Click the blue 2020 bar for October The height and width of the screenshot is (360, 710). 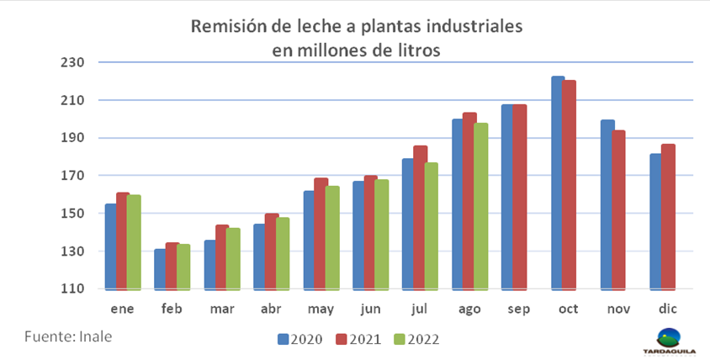coord(558,183)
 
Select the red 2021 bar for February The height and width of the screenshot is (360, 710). coord(172,266)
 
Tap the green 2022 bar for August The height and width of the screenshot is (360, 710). coord(481,206)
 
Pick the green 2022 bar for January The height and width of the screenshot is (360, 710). coord(134,242)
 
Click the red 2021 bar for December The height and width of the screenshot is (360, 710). coord(668,216)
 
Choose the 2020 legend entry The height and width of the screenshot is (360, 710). coord(299,340)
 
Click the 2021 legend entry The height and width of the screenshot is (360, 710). coord(358,340)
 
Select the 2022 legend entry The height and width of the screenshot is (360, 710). coord(416,340)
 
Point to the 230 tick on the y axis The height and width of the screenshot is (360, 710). coord(75,62)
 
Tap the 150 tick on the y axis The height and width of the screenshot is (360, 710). coord(75,214)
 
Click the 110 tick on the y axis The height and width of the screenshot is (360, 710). coord(75,289)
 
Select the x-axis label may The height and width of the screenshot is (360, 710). coord(321,310)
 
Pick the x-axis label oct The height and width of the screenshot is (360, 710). coord(569,310)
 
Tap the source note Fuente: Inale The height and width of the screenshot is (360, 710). coord(68,336)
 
